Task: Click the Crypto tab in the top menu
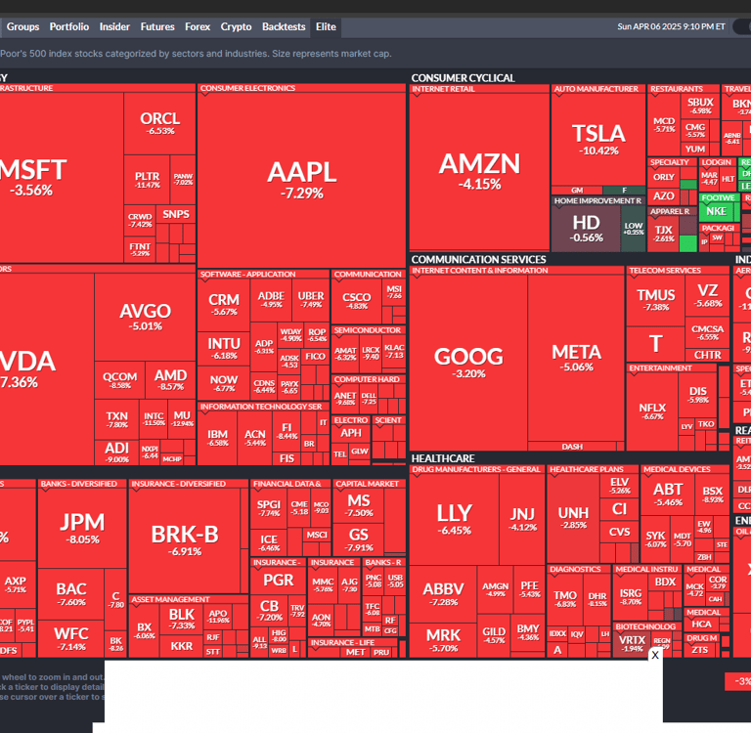236,27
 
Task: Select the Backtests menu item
284,27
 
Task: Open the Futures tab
157,27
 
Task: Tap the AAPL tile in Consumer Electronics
301,178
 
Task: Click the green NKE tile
716,211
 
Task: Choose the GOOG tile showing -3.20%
468,362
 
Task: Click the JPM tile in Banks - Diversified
82,527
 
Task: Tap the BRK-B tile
185,539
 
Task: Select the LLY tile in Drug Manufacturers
454,518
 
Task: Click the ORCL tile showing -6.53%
160,123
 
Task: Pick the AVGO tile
145,317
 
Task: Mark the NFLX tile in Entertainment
652,411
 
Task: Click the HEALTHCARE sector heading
443,457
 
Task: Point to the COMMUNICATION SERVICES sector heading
478,259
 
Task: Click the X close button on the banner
655,655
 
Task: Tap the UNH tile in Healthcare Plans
573,518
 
